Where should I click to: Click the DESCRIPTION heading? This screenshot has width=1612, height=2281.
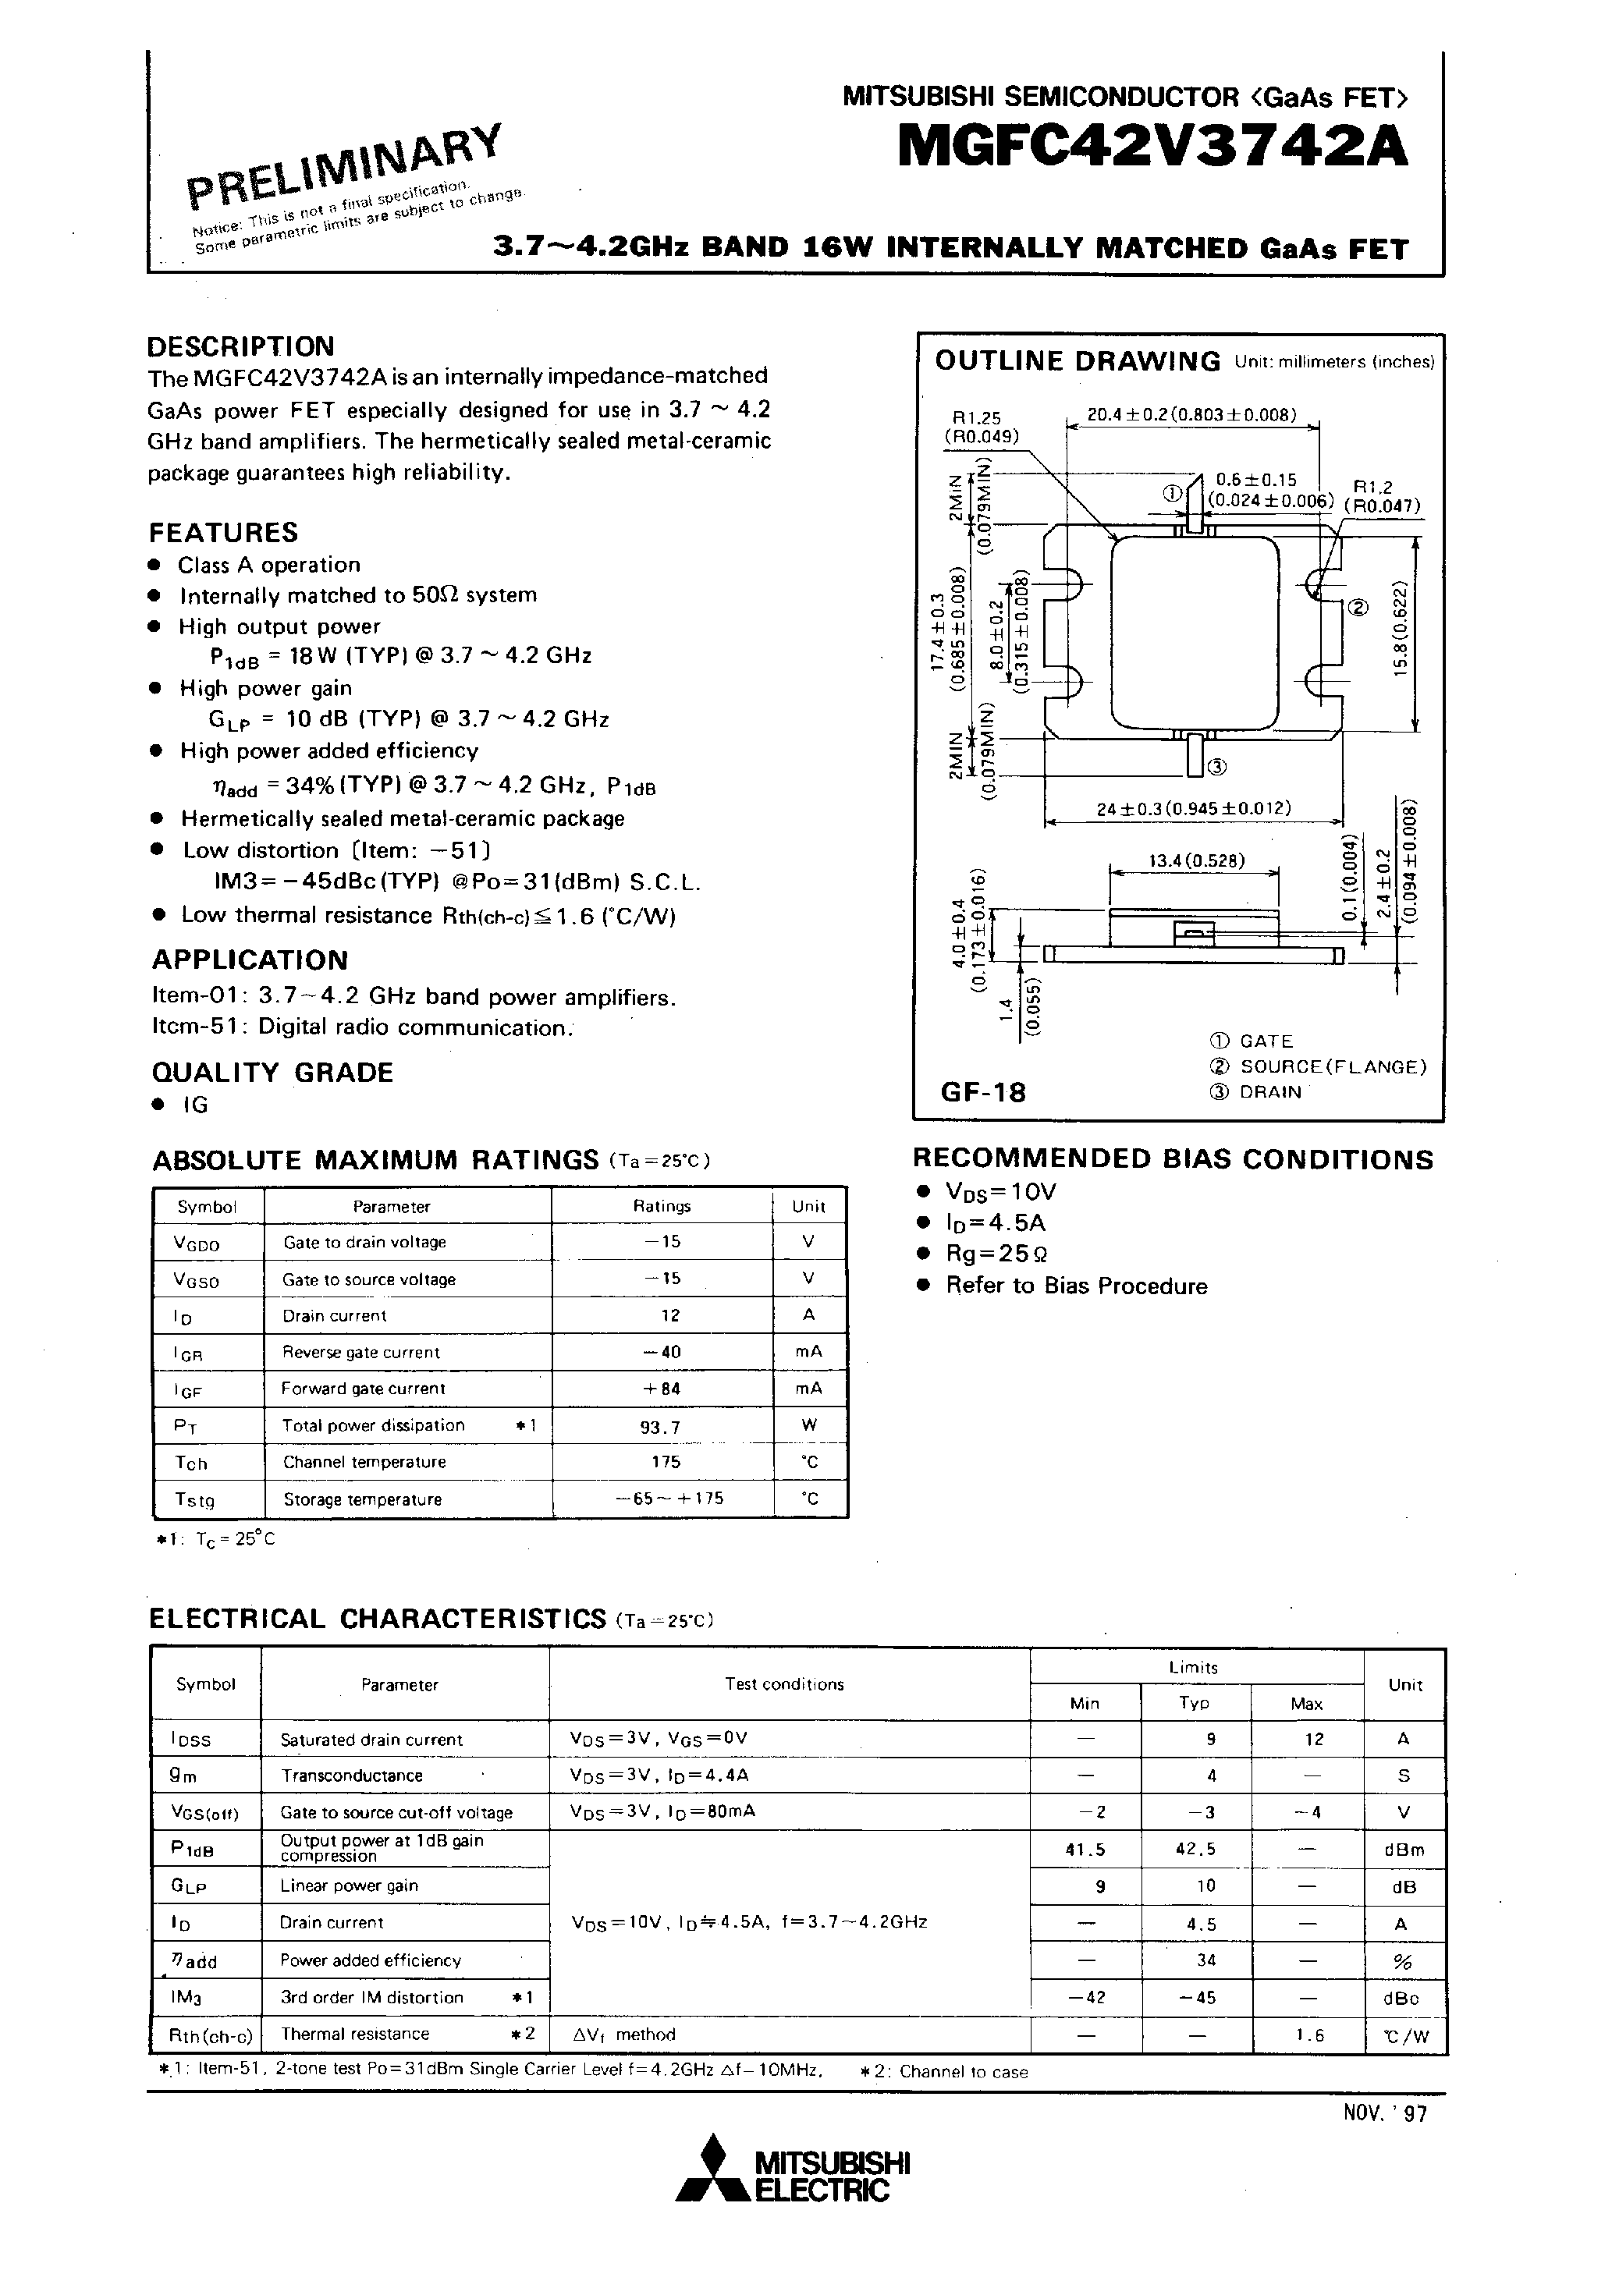(240, 346)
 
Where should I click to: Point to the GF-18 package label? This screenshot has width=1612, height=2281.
(983, 1092)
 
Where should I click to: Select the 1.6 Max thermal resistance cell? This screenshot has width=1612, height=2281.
(1309, 2034)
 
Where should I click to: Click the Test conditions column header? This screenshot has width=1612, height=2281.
(784, 1684)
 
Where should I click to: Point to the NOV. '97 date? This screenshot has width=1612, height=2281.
(1384, 2113)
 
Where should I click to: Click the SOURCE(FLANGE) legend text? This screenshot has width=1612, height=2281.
(1333, 1067)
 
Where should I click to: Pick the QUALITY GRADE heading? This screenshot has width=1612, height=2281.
(272, 1073)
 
